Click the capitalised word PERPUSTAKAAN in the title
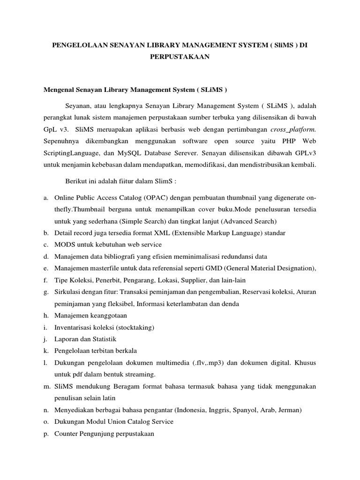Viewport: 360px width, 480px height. (180, 56)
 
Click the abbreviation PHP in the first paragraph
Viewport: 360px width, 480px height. (281, 141)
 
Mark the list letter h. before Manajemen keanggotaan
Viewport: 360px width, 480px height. (46, 315)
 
